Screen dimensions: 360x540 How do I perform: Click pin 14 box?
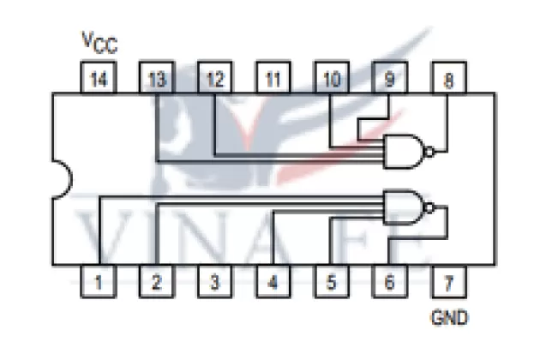pos(98,80)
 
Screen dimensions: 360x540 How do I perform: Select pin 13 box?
pos(156,80)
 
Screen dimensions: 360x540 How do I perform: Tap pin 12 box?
pos(214,80)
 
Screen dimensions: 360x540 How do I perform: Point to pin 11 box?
pos(273,80)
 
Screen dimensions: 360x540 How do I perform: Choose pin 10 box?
pos(331,80)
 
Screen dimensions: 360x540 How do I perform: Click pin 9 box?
pos(389,80)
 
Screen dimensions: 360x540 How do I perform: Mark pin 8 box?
pos(447,80)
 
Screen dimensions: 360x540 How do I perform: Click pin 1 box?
pos(99,280)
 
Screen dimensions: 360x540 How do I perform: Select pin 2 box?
pos(156,280)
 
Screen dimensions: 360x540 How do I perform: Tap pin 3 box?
pos(214,280)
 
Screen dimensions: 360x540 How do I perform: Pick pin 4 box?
pos(273,280)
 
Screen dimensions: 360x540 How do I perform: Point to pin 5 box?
pos(331,280)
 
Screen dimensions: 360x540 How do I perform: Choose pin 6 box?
pos(389,280)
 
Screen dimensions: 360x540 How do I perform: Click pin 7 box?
pos(447,280)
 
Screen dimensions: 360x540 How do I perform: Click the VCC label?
pos(99,41)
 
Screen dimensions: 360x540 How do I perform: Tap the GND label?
pos(449,318)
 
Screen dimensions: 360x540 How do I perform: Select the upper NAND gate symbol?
pos(404,151)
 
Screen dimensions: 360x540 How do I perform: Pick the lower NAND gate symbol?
pos(405,206)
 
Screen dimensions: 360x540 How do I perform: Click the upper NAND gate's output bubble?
pos(430,153)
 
